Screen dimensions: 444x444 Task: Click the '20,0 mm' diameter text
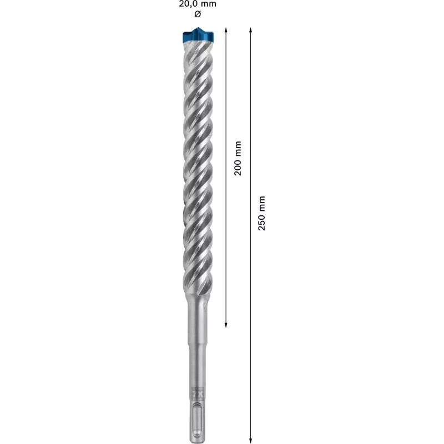198,4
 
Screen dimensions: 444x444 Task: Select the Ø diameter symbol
198,13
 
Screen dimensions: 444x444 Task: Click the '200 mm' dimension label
238,158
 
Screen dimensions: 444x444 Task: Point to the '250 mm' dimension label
263,213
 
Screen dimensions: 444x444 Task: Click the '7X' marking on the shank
197,392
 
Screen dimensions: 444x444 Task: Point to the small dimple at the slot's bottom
198,428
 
